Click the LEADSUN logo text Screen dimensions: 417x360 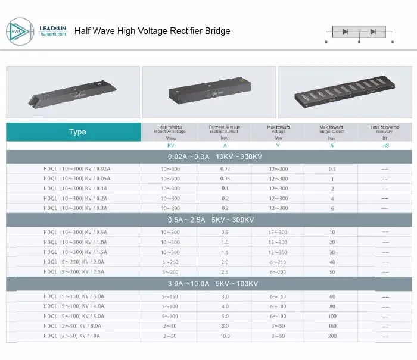pyautogui.click(x=56, y=27)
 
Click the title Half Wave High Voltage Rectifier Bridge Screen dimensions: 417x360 pyautogui.click(x=152, y=31)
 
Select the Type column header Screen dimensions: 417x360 pyautogui.click(x=77, y=132)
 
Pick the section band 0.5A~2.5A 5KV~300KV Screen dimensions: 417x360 pyautogui.click(x=211, y=220)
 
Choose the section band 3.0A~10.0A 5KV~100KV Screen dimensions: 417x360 pyautogui.click(x=211, y=284)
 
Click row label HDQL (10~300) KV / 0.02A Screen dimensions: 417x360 pyautogui.click(x=77, y=168)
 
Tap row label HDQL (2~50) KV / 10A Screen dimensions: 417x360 pyautogui.click(x=77, y=336)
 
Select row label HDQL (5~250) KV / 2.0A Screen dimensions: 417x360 pyautogui.click(x=77, y=262)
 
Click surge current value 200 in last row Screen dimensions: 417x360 pyautogui.click(x=332, y=336)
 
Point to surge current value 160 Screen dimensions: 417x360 pyautogui.click(x=332, y=326)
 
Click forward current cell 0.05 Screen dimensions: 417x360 pyautogui.click(x=225, y=179)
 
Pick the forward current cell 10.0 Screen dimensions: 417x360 pyautogui.click(x=225, y=336)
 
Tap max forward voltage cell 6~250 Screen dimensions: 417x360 pyautogui.click(x=278, y=262)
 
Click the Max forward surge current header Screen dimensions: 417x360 pyautogui.click(x=332, y=129)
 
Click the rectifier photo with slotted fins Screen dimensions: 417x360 pyautogui.click(x=345, y=92)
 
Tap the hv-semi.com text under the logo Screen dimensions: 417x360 pyautogui.click(x=56, y=35)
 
